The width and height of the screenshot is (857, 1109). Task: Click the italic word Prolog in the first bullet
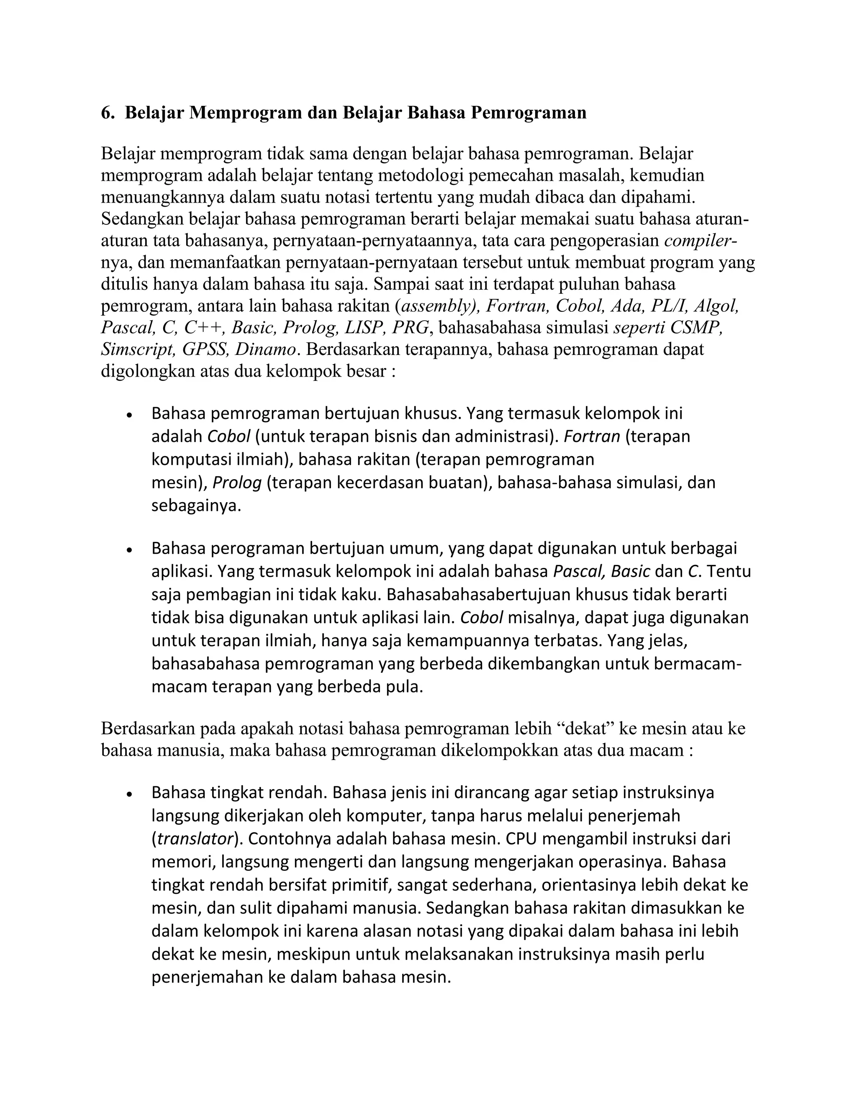point(236,483)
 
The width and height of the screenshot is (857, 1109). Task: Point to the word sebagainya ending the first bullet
point(196,506)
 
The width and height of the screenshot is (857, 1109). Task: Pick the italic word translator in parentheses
point(195,839)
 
